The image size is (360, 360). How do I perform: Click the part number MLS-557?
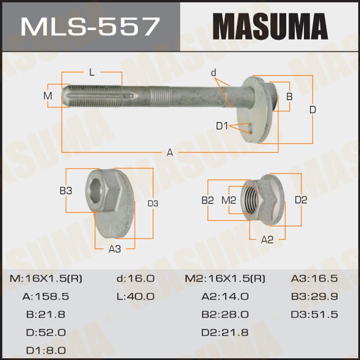(90, 26)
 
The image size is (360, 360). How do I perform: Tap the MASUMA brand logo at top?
(270, 26)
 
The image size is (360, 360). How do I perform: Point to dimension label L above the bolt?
(92, 73)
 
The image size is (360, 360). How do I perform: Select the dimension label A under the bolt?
(170, 153)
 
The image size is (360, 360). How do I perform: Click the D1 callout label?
(222, 126)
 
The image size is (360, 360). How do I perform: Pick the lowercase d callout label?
(213, 73)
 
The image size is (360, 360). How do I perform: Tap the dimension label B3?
(66, 191)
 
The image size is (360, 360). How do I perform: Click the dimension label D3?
(153, 203)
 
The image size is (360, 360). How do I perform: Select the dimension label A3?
(115, 249)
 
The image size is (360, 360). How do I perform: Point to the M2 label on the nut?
(229, 200)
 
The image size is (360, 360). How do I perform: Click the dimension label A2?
(267, 240)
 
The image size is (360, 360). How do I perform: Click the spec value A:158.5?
(46, 297)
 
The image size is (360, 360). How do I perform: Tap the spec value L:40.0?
(135, 297)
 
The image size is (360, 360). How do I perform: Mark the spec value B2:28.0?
(225, 314)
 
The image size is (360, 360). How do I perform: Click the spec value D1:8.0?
(46, 350)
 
